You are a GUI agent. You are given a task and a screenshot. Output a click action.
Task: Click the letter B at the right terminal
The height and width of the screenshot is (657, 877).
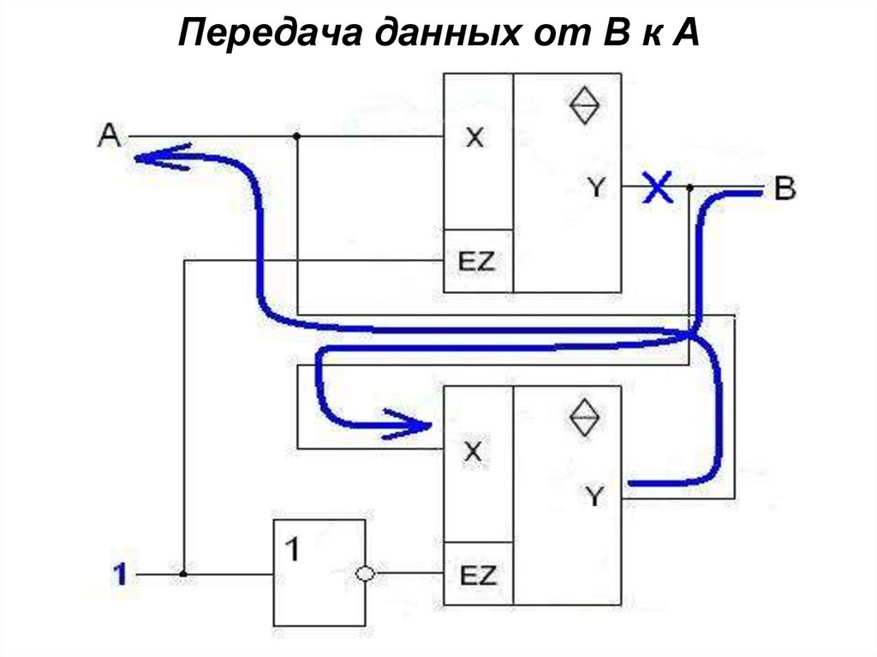pos(784,189)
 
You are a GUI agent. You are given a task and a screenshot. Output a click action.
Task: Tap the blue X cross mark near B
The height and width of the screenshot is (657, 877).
pos(658,187)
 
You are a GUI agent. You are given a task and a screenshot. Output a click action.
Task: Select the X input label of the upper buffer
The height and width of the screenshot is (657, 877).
pos(474,137)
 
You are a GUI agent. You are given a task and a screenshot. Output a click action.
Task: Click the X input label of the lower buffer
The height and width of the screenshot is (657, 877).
pos(473,451)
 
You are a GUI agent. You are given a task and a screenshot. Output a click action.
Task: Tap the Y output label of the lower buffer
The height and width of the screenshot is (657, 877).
pos(594,495)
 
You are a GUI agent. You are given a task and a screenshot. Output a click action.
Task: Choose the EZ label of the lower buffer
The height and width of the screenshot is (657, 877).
pos(478,574)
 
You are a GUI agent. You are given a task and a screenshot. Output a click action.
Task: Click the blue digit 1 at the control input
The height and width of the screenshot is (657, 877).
pos(122,574)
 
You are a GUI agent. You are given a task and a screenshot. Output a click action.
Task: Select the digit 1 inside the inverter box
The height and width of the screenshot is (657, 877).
pos(292,549)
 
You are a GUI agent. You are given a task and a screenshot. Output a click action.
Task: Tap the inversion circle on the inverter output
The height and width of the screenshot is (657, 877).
pos(366,574)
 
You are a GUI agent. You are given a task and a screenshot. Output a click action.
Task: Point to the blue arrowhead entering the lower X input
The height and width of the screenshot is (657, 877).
pos(415,423)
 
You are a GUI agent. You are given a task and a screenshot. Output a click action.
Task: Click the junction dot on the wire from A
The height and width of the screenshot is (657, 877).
pos(296,136)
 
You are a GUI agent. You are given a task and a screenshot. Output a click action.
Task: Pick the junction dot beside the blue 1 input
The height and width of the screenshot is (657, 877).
pos(183,574)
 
